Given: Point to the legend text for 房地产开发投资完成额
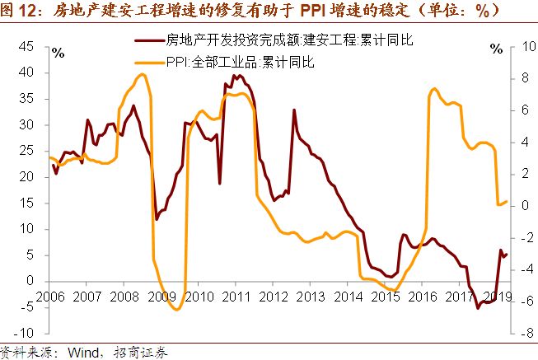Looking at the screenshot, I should [x=280, y=40].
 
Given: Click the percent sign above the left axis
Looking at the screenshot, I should [x=58, y=52].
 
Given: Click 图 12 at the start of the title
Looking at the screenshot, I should [x=21, y=12].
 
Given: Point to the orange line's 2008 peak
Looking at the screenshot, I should [x=142, y=74].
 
